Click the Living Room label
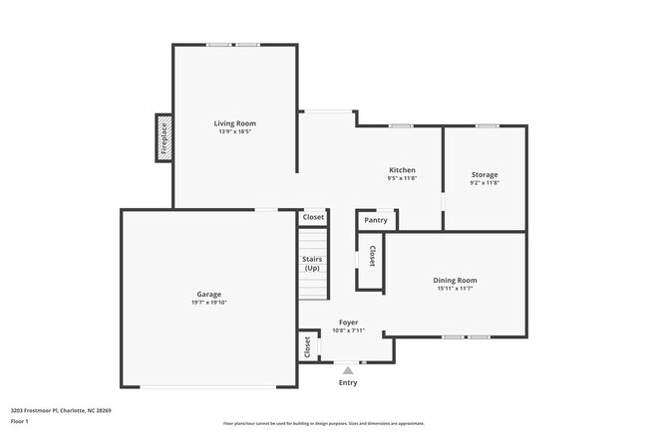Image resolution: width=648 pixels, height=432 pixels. tap(235, 122)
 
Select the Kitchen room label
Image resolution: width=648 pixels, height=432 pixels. tap(402, 170)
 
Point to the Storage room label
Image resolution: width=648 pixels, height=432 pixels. tap(485, 175)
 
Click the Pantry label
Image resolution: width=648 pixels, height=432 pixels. tap(376, 220)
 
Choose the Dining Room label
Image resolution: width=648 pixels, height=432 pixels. tap(455, 281)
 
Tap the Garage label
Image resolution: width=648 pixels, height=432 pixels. tap(208, 294)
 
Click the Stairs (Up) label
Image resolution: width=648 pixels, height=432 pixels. tap(312, 264)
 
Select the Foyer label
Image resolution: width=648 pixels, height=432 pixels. tap(348, 323)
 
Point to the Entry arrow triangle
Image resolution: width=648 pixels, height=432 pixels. tap(348, 370)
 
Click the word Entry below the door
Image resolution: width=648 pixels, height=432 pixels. tap(348, 382)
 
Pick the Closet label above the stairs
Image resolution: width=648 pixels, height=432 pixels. tap(313, 216)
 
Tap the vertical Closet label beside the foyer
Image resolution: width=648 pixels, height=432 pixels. tap(307, 346)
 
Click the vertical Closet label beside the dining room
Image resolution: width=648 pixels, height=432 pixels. tap(372, 256)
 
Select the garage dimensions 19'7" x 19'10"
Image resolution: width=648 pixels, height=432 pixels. tap(208, 303)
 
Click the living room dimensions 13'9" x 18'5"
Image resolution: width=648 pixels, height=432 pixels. tap(235, 131)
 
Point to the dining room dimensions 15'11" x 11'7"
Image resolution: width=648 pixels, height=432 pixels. tap(455, 290)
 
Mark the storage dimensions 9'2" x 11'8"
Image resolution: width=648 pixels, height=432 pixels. tap(485, 183)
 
